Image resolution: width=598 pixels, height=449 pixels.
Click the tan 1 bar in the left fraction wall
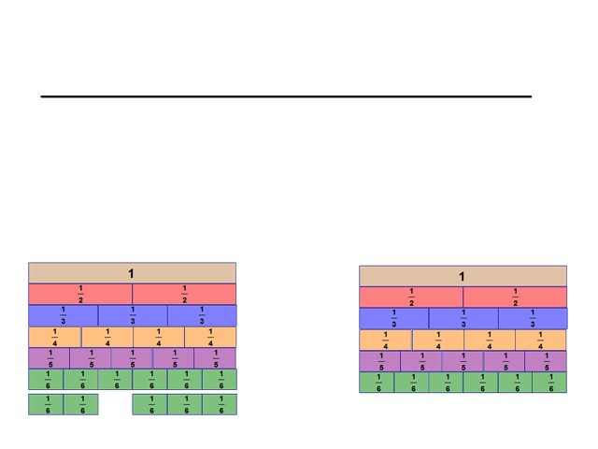coord(132,273)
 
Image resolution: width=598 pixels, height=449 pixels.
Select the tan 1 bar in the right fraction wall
coord(463,277)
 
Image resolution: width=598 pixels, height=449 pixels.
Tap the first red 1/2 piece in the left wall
coord(80,294)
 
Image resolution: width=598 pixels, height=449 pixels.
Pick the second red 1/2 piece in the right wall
coord(515,297)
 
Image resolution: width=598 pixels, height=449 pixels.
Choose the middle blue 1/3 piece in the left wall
coord(133,315)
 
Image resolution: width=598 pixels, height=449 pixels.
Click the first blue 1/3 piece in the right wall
coord(393,319)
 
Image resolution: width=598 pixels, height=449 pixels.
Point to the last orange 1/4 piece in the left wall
coord(210,337)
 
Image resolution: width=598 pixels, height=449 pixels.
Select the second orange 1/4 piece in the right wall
coord(437,340)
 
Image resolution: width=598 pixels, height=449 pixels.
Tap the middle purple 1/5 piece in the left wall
coord(132,358)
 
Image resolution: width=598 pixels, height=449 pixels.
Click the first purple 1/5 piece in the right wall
coord(380,362)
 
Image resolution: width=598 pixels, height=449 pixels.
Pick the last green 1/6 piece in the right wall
coord(549,383)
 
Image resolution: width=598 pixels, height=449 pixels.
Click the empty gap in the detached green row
coord(115,405)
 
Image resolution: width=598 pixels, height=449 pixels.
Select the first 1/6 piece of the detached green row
coord(47,405)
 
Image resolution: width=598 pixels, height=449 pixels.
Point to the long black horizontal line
coord(286,96)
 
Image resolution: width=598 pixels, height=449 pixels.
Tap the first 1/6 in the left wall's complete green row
coord(47,379)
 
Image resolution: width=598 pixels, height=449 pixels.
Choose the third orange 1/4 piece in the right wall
coord(489,340)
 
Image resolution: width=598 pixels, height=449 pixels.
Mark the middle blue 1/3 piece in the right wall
coord(463,319)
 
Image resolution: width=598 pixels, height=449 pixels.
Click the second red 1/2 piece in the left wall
coord(184,294)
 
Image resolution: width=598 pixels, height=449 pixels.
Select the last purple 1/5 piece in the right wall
coord(546,362)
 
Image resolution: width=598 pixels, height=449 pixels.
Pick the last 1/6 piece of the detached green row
coord(220,405)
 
